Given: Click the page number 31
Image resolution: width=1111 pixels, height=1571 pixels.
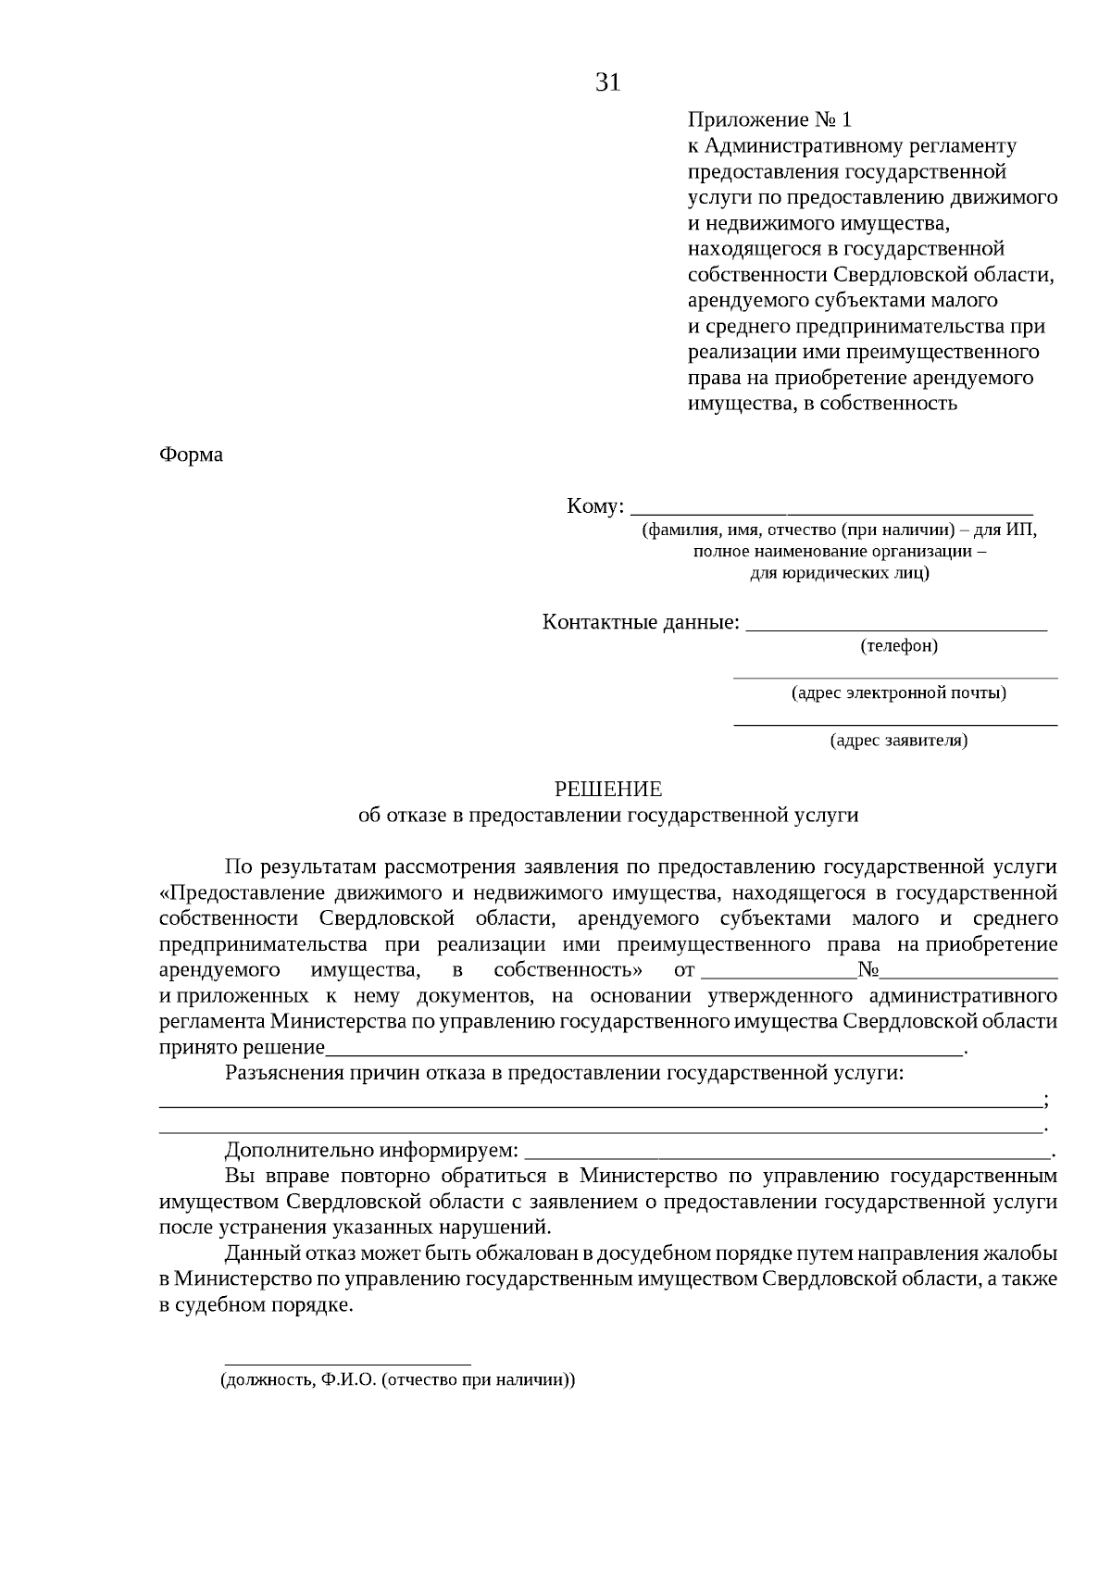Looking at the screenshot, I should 607,82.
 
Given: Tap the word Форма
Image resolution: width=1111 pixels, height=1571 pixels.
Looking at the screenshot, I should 191,455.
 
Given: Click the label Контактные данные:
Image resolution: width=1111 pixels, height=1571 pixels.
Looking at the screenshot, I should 641,622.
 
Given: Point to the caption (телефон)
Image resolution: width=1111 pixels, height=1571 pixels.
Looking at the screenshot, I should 898,645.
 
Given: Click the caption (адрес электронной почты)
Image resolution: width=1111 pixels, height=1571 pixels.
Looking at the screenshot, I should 898,692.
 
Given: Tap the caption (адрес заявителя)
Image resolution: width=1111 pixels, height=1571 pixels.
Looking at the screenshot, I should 898,741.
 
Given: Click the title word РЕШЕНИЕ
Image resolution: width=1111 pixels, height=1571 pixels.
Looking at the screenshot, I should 608,790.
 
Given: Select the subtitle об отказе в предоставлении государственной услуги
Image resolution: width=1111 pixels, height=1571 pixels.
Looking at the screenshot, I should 608,816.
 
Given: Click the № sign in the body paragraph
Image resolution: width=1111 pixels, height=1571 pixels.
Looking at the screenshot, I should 868,970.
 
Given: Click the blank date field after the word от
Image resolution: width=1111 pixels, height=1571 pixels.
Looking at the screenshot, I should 780,973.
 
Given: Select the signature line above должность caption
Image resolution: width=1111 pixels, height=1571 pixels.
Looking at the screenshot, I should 348,1364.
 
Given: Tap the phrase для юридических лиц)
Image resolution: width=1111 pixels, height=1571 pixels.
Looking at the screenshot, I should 839,573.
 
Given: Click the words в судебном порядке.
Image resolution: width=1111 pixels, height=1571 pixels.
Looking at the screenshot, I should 256,1306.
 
